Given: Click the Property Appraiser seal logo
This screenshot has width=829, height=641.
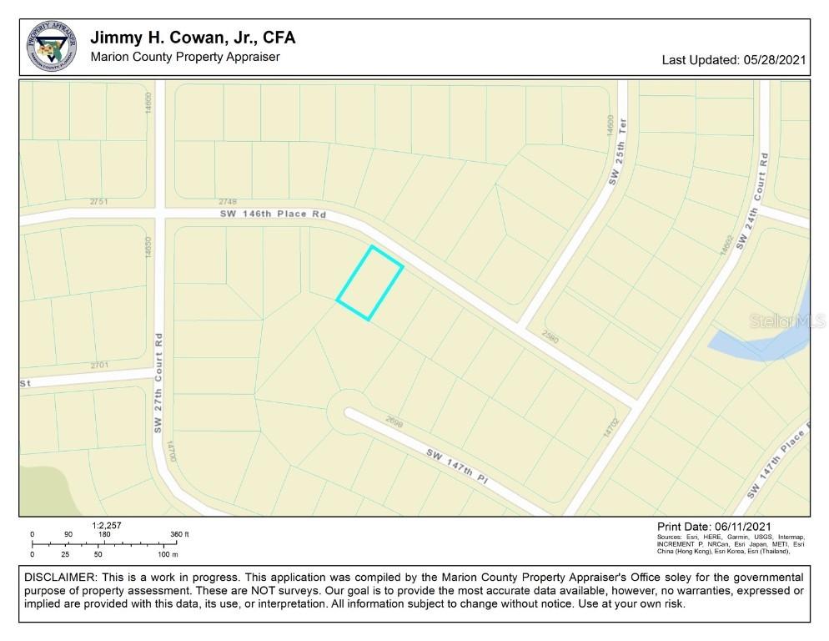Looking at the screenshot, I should (x=52, y=48).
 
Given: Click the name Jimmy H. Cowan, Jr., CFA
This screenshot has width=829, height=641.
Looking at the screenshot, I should (x=192, y=38).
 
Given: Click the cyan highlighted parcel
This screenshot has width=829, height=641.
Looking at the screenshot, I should (x=370, y=283).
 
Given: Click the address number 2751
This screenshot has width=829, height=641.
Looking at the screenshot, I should (x=99, y=201).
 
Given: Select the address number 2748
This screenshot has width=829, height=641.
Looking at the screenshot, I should (x=228, y=201).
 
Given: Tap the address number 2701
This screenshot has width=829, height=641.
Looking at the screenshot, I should (x=99, y=365).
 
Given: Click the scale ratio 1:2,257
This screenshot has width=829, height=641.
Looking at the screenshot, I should (x=108, y=525).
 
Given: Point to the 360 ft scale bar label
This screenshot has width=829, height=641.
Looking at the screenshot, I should (x=180, y=534).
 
